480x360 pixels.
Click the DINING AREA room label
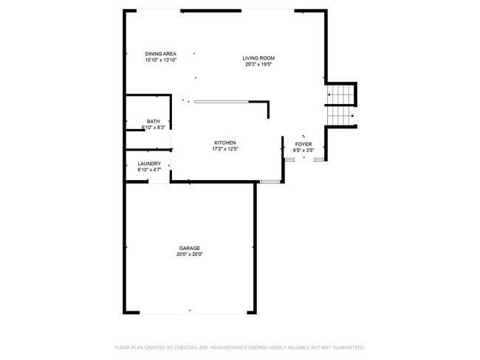160,54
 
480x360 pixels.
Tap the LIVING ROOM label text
258,58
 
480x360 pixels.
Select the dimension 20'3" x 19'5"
258,64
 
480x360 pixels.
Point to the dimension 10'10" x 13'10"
160,60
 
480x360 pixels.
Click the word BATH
153,122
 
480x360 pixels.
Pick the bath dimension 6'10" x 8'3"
153,128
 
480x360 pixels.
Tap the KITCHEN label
225,142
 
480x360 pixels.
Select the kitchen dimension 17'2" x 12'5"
225,149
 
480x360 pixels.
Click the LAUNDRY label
149,164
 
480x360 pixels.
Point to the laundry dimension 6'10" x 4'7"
149,170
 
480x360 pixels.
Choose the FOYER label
304,144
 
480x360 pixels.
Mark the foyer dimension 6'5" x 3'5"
304,150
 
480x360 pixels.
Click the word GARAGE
189,248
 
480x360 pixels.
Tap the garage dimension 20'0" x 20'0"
189,255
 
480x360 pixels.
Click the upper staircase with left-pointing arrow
340,95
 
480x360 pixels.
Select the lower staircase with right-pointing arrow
340,116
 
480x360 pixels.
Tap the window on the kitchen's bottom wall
270,181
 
